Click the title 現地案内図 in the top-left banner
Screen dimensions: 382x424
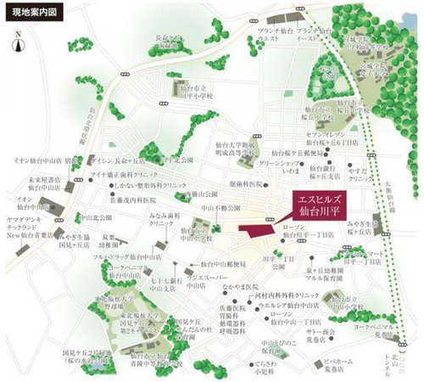pyautogui.click(x=29, y=10)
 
